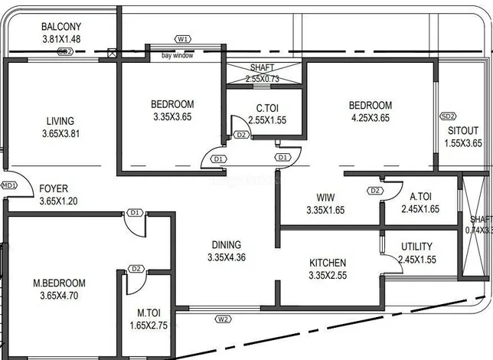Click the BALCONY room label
tap(62, 26)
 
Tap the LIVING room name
tap(60, 121)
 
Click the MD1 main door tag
tap(8, 185)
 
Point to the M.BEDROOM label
tap(59, 283)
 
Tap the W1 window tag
tap(182, 38)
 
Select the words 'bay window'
tap(177, 56)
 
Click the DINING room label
tap(227, 245)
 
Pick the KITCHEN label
tap(328, 262)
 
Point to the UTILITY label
tap(416, 247)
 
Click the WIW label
tap(327, 197)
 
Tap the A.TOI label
tap(419, 195)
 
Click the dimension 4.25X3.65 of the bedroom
tap(371, 117)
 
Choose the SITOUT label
tap(464, 130)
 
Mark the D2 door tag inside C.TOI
tap(241, 135)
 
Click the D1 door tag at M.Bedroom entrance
tap(135, 212)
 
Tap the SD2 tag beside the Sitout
tap(447, 116)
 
